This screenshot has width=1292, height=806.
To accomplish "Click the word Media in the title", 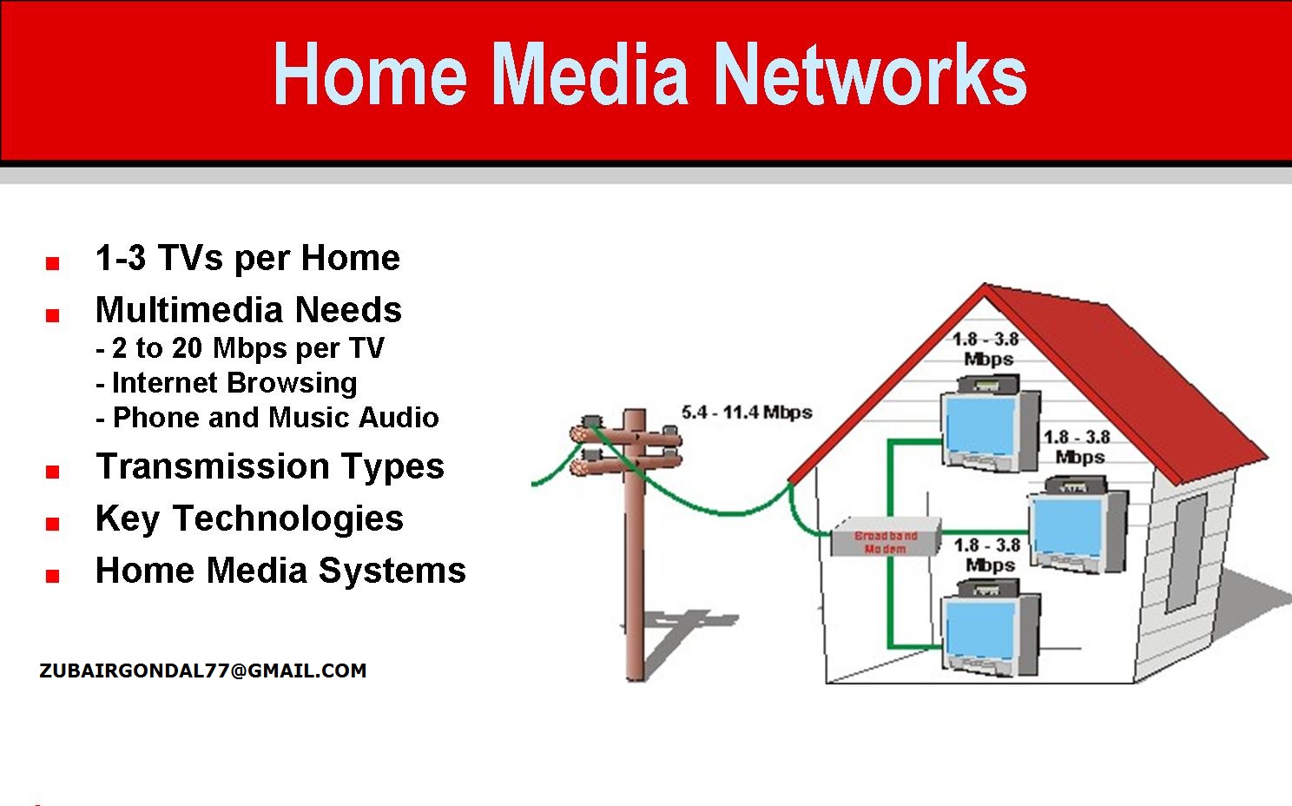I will [x=590, y=76].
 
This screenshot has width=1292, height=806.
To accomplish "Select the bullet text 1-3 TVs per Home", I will [x=247, y=258].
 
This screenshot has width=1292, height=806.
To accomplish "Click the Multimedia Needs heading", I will [x=248, y=310].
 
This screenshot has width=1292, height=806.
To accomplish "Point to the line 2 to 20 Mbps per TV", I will [x=241, y=348].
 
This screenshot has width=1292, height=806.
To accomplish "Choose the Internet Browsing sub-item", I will [x=227, y=383].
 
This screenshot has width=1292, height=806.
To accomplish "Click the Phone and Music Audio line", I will [x=268, y=418].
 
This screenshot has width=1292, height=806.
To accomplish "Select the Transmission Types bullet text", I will [x=270, y=466].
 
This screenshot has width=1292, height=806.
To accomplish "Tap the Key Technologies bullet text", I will [x=249, y=519].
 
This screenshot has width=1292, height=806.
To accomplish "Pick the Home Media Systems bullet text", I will [x=280, y=571].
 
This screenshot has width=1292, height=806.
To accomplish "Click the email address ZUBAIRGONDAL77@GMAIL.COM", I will [x=203, y=671].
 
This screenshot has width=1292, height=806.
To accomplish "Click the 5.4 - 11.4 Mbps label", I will [x=746, y=412].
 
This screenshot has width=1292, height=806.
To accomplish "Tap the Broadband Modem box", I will [x=886, y=539].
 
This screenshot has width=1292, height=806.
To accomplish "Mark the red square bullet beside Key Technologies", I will [x=53, y=524].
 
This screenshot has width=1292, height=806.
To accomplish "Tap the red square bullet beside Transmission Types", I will [x=53, y=472].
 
